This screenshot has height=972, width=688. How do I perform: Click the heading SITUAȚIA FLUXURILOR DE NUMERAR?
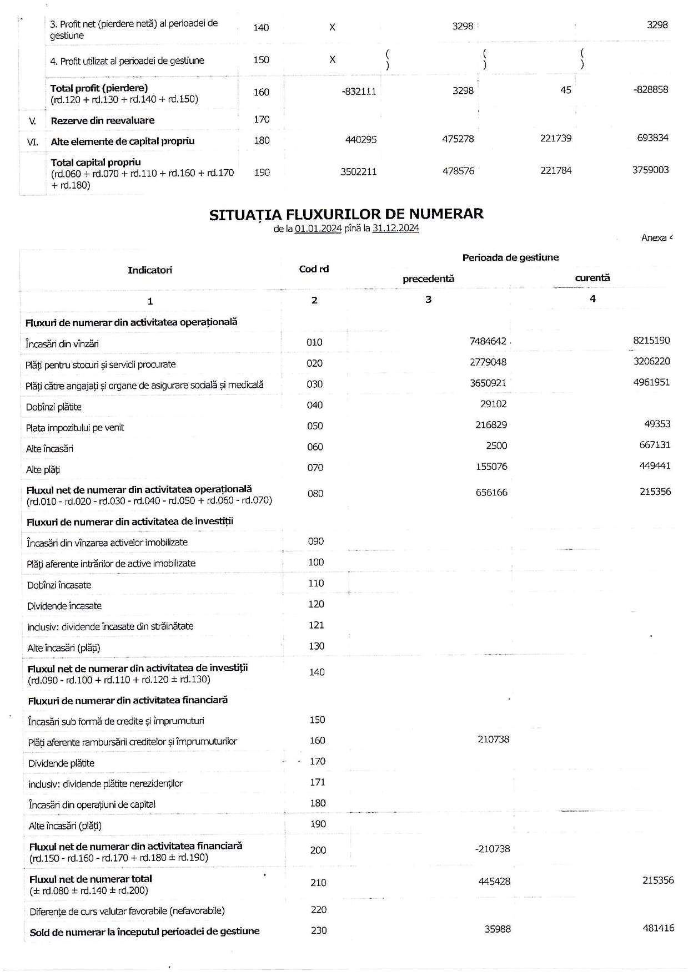click(346, 214)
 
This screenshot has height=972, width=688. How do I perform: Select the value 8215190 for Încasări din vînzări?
click(651, 341)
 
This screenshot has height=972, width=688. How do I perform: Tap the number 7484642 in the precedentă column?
click(488, 341)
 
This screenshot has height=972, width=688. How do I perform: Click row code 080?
click(315, 493)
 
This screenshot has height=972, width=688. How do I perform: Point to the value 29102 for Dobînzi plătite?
click(494, 404)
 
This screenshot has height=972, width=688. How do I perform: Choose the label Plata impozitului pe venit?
click(75, 428)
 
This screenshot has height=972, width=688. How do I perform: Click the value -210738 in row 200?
click(493, 849)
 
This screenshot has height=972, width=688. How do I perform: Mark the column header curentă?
click(592, 277)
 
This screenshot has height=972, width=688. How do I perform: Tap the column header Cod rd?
click(314, 269)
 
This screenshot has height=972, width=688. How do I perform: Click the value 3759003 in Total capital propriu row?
click(650, 170)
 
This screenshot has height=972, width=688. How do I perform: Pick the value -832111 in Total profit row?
click(359, 92)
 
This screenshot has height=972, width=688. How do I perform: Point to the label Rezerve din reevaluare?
click(103, 120)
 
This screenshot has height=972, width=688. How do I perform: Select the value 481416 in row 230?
click(658, 928)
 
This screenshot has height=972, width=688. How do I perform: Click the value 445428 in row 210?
click(494, 881)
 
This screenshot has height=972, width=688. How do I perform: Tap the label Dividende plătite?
click(62, 763)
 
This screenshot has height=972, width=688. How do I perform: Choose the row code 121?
click(316, 625)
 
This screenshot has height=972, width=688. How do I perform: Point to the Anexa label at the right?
click(656, 238)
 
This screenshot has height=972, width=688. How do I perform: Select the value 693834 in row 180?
click(652, 138)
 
